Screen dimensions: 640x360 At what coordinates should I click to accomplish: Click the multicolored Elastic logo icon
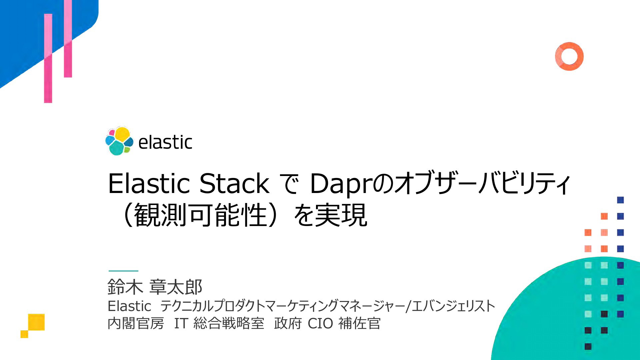tap(119, 141)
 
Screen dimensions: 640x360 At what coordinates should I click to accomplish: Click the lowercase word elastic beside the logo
tap(165, 142)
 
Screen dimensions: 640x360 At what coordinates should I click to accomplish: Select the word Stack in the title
tap(234, 183)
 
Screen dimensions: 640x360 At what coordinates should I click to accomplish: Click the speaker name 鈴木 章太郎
tap(155, 287)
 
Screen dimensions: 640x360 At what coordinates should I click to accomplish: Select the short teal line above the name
tap(123, 271)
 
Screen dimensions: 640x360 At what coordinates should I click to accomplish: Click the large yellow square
tap(36, 322)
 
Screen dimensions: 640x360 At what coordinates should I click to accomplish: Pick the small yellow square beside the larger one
tap(24, 334)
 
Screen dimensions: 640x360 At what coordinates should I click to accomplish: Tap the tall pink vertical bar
tap(48, 58)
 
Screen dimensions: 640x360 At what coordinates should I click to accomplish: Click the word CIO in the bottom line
tap(320, 323)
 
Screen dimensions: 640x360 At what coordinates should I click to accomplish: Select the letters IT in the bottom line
tap(181, 323)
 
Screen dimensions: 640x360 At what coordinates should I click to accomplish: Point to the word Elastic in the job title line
tap(129, 306)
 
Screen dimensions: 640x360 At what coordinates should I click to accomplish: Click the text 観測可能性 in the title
tap(201, 215)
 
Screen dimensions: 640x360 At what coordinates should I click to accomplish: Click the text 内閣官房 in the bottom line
tap(136, 323)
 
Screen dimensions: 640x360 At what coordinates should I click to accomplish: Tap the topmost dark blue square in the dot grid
tap(620, 200)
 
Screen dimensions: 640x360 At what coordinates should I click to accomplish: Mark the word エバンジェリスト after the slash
tap(454, 306)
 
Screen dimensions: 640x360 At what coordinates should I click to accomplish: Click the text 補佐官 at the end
tap(359, 323)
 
